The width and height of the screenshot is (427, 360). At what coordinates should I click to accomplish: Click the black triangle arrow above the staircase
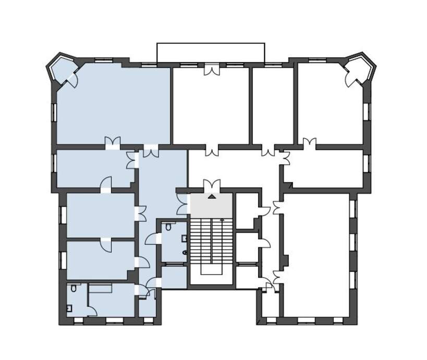coord(212,197)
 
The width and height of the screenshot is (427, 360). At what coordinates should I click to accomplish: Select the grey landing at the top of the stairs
coord(212,205)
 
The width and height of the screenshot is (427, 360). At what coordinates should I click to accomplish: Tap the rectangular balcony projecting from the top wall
coord(211,53)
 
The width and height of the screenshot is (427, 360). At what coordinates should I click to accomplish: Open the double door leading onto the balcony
coord(212,70)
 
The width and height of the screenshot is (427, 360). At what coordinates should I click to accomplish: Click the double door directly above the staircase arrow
coord(212,185)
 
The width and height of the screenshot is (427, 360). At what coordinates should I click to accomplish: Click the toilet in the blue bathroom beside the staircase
coord(185,253)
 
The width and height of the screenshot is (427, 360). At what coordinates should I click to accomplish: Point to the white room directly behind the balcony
coord(211,107)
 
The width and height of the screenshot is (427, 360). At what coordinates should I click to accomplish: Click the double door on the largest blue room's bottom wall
coord(112,142)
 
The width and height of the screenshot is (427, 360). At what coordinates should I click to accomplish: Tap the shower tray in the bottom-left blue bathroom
coord(101,287)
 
